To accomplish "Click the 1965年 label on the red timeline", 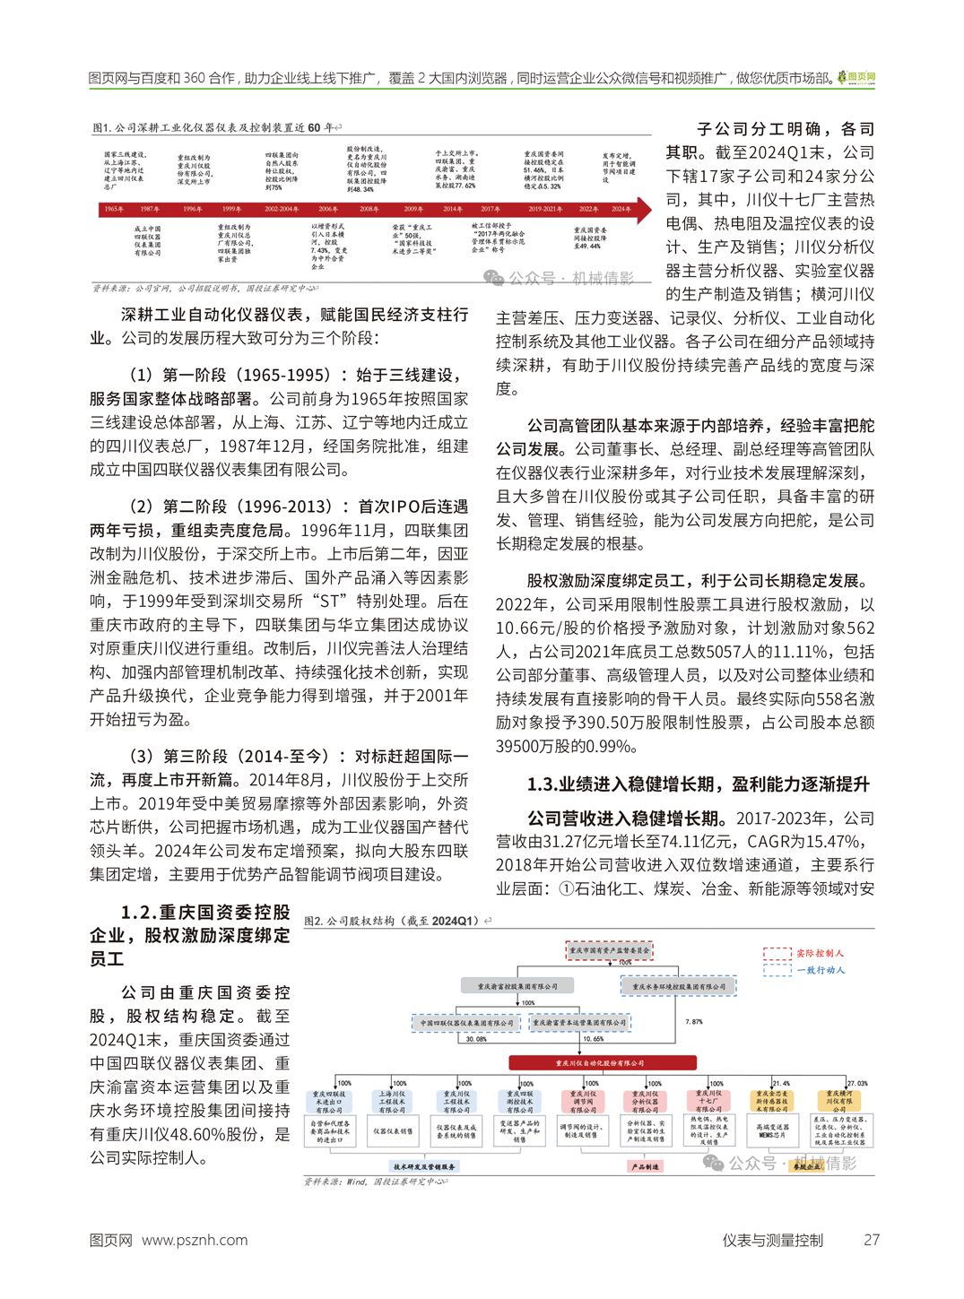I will click(x=114, y=209).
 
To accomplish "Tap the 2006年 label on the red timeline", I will click(x=328, y=209).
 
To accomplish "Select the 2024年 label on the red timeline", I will click(x=621, y=209).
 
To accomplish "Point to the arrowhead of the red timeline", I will click(x=645, y=209).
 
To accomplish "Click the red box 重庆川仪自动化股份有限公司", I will click(x=603, y=1063).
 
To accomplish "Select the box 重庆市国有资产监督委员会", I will click(x=609, y=950).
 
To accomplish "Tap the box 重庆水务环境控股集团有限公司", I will click(x=679, y=987).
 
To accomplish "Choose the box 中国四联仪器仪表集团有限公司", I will click(x=467, y=1023).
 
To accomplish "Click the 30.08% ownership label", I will click(x=476, y=1039).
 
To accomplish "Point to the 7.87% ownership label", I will click(x=693, y=1022).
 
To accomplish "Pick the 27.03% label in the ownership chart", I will click(x=857, y=1083).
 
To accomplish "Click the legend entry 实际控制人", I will click(x=820, y=953).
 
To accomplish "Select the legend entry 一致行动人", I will click(x=820, y=970).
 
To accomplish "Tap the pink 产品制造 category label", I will click(x=645, y=1166).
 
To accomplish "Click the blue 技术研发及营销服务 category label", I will click(x=426, y=1166).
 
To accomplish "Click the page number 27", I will click(x=871, y=1240).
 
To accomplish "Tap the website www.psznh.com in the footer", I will click(x=195, y=1240).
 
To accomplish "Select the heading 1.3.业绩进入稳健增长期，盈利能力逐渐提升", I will click(x=698, y=784).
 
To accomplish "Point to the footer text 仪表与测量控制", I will click(x=772, y=1240).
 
